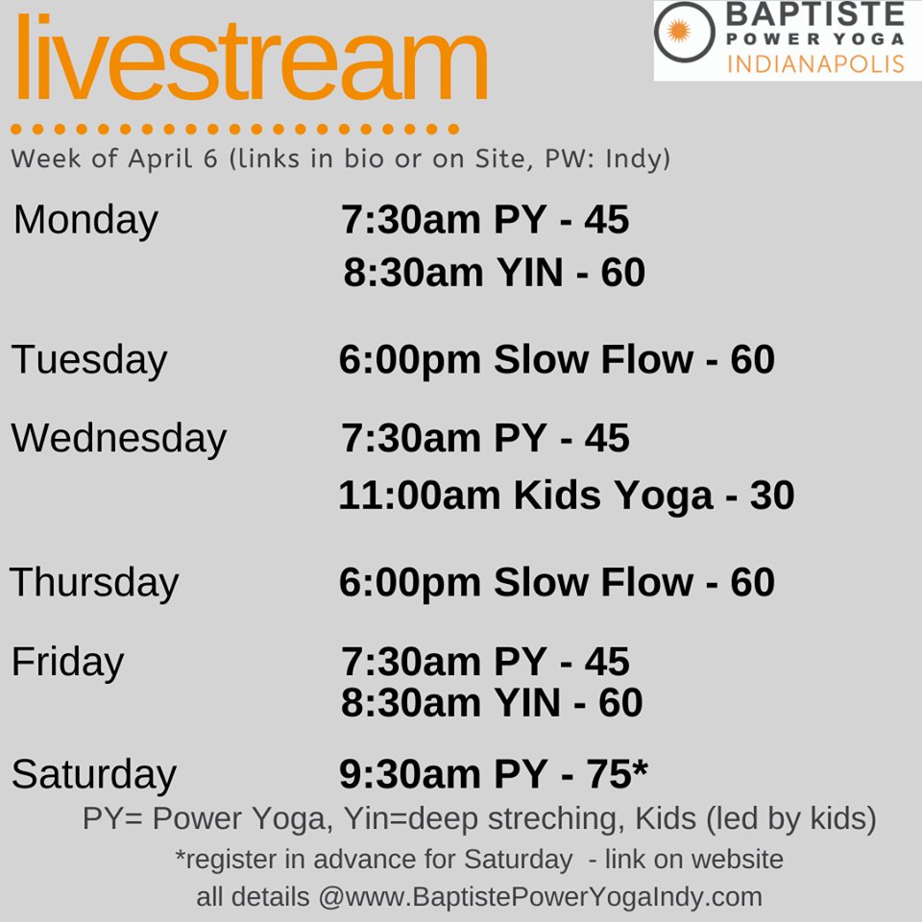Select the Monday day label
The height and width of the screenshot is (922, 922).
85,220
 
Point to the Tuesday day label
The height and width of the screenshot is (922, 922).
89,360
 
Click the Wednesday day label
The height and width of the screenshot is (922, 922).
119,438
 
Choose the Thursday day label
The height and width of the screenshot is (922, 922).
94,582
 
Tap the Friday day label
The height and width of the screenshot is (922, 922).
67,662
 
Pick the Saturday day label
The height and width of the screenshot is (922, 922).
94,774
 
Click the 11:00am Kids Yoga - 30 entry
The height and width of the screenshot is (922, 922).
566,496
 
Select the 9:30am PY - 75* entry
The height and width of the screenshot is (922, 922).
494,774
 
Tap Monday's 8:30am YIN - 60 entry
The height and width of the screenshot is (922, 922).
494,273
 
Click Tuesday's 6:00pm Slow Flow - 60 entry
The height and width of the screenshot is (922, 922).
556,360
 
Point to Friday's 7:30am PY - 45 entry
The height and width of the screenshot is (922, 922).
485,662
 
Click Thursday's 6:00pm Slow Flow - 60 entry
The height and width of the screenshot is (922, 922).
556,582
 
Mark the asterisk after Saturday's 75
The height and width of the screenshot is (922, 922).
641,769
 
